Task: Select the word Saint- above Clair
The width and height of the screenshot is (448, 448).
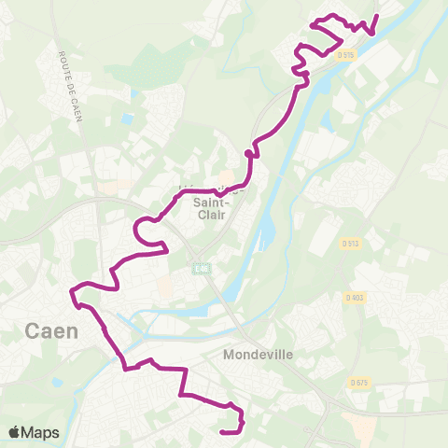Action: pyautogui.click(x=213, y=200)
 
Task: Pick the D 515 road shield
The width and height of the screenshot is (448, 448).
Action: pyautogui.click(x=347, y=55)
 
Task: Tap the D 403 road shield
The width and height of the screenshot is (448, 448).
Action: pyautogui.click(x=354, y=298)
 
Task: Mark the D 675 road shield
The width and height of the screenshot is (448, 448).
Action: pyautogui.click(x=359, y=383)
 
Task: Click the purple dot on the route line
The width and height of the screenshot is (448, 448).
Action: pyautogui.click(x=248, y=153)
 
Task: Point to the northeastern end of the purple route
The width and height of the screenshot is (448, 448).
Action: pyautogui.click(x=377, y=16)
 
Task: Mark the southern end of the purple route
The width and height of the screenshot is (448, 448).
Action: pyautogui.click(x=222, y=431)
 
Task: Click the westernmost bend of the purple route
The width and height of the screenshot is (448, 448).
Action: pyautogui.click(x=71, y=294)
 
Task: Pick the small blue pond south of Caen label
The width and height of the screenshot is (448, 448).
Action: pyautogui.click(x=58, y=382)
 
